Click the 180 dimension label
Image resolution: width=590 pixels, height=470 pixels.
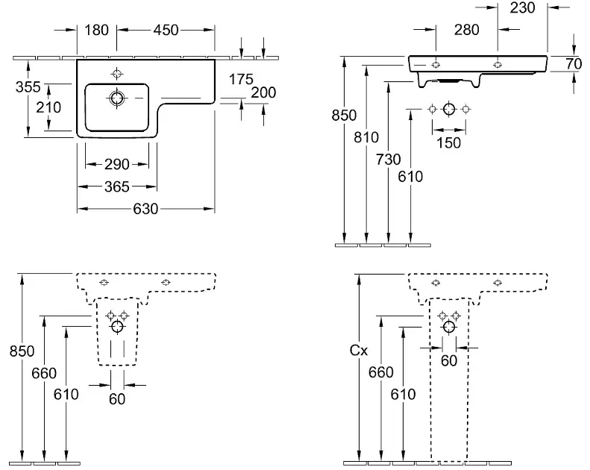pyautogui.click(x=96, y=30)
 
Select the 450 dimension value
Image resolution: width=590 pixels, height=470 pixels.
pyautogui.click(x=166, y=30)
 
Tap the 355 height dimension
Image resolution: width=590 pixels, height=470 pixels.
pyautogui.click(x=28, y=87)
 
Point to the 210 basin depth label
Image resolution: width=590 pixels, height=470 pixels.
pyautogui.click(x=48, y=107)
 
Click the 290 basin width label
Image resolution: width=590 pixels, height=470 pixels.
pyautogui.click(x=117, y=164)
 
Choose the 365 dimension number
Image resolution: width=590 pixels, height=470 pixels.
pyautogui.click(x=117, y=187)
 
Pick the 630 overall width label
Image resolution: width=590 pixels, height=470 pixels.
pyautogui.click(x=145, y=209)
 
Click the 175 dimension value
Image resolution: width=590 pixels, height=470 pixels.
pyautogui.click(x=241, y=79)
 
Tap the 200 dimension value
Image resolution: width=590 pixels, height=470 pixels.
pyautogui.click(x=263, y=93)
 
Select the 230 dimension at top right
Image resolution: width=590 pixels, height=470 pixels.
pyautogui.click(x=523, y=8)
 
